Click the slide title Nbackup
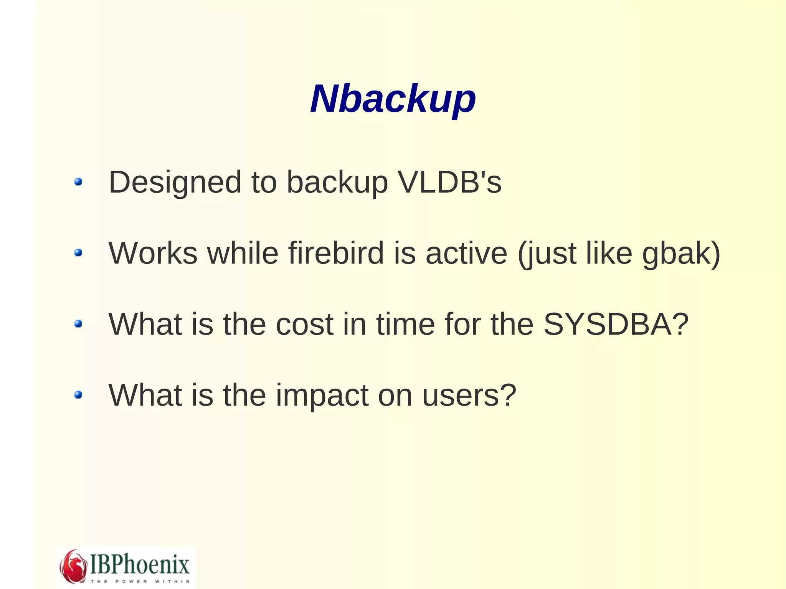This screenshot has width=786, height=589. coord(393,99)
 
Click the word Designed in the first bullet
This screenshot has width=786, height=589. coord(175,182)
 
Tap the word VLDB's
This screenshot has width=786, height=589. coord(449,182)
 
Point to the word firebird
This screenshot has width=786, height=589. coord(336,253)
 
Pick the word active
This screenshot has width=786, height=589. coord(466,253)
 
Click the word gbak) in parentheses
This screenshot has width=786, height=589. coord(681,254)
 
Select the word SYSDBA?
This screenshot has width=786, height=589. coord(616,324)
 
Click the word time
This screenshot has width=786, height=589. coord(405,324)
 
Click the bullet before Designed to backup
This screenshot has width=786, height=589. coord(78,181)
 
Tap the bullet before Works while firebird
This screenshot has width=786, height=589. coord(78,252)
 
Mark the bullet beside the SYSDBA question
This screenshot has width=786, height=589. coord(78,324)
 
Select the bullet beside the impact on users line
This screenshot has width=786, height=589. coord(78,394)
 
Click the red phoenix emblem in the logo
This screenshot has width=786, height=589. coord(73,566)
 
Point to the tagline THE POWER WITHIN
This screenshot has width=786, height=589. coord(140,581)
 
